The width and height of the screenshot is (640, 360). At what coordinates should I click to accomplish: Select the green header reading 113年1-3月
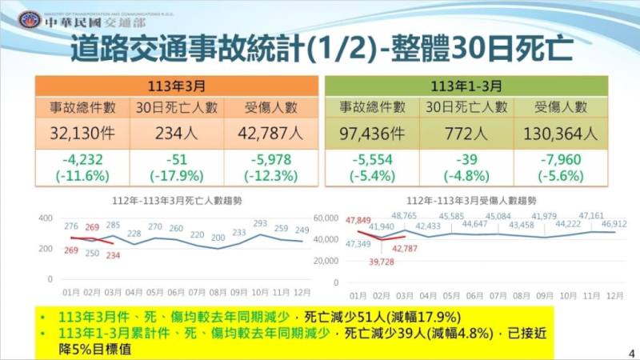(x=466, y=84)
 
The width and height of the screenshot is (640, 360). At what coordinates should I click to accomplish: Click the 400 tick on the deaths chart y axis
(x=45, y=218)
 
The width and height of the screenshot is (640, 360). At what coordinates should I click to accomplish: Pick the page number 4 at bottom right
(x=631, y=350)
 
